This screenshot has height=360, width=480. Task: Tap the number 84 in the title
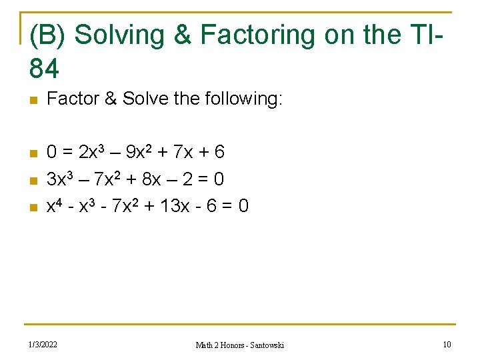(45, 67)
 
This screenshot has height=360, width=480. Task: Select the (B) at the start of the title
(49, 35)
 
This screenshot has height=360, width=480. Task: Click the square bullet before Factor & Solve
(33, 101)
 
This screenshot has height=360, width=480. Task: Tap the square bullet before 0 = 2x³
(33, 153)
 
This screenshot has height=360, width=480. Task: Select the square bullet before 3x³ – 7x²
(33, 180)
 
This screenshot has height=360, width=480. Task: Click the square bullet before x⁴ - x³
(33, 207)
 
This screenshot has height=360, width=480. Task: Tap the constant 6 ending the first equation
(219, 153)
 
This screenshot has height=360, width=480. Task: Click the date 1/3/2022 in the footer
(42, 345)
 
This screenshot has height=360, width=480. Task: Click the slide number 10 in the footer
(447, 345)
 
